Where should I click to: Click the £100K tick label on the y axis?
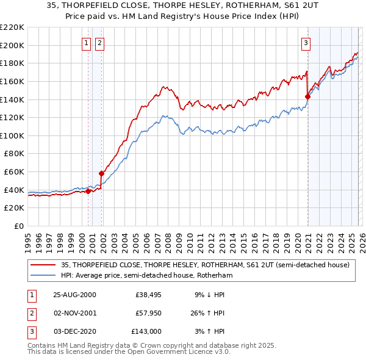click(x=12, y=135)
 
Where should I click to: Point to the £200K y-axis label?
click(x=12, y=45)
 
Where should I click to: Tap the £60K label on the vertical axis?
click(x=14, y=172)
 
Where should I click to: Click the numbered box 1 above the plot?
click(x=86, y=43)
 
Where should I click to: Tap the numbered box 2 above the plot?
click(x=99, y=43)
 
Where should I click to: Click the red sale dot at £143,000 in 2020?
click(x=307, y=96)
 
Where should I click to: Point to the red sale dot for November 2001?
click(x=101, y=173)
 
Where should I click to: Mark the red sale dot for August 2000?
click(x=88, y=191)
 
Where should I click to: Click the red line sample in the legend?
click(x=43, y=265)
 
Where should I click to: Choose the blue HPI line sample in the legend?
click(x=43, y=276)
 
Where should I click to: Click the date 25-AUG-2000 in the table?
click(x=74, y=295)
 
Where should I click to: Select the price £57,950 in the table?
click(x=148, y=313)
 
